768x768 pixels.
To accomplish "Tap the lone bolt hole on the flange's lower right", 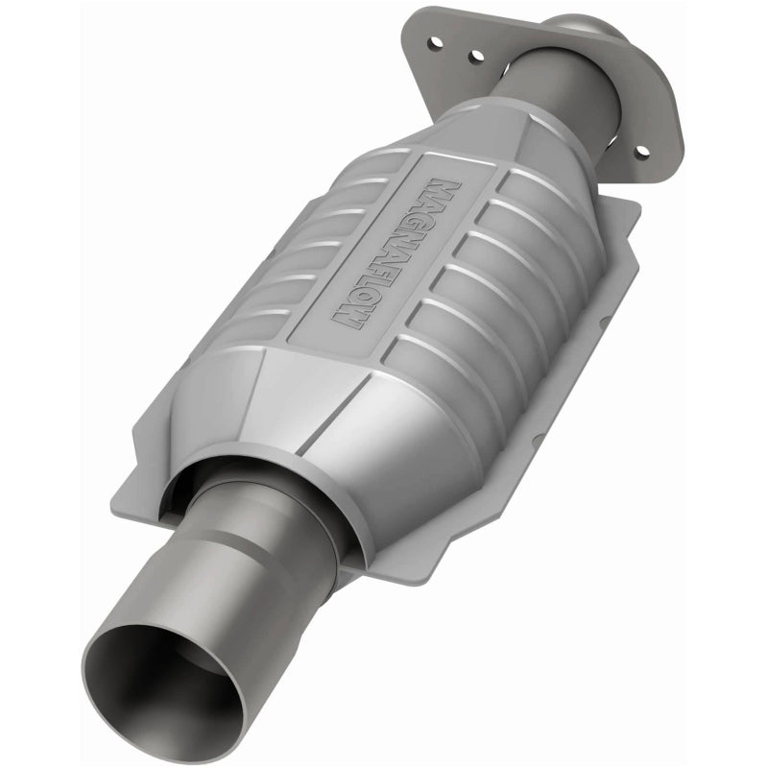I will coord(641,151).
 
